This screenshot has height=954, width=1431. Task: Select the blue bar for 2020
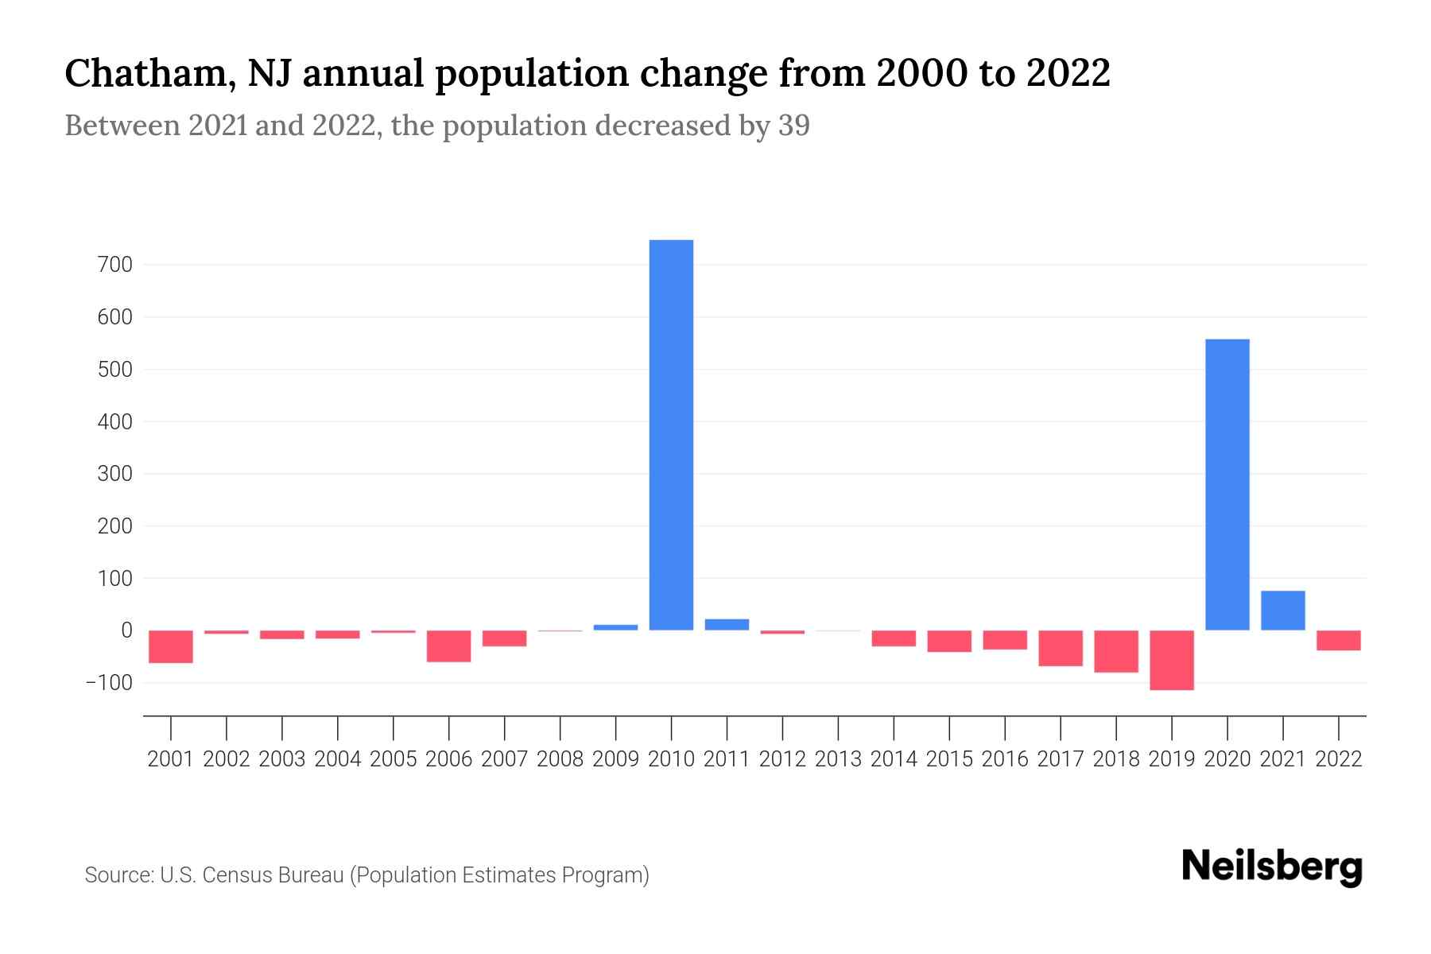pos(1227,485)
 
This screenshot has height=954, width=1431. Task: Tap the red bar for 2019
pos(1172,660)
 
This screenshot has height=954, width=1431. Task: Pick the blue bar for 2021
pos(1283,611)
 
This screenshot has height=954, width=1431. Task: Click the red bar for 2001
pos(171,646)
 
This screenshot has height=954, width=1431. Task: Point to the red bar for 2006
pos(449,646)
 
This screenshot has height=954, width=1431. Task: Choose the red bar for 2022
pos(1339,641)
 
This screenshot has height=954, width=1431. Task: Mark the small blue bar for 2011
pos(727,625)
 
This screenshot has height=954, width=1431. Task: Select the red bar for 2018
pos(1116,651)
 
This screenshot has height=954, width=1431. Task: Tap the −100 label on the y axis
pos(110,683)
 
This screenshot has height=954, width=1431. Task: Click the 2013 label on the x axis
pos(838,759)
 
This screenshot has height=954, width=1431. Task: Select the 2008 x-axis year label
pos(560,759)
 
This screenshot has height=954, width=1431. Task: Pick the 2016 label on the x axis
pos(1005,759)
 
